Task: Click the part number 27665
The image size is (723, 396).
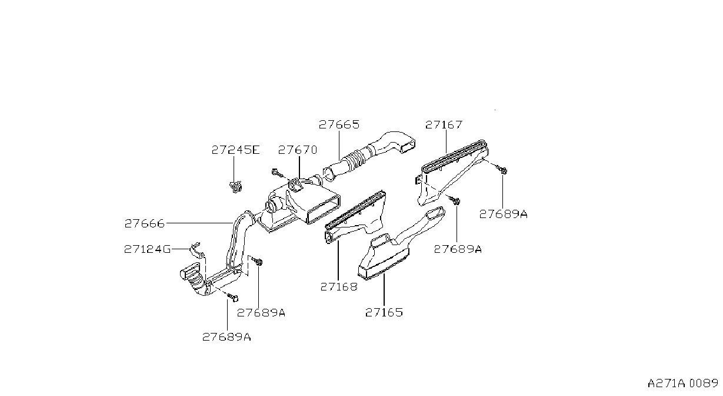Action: click(339, 124)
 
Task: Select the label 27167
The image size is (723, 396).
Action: click(444, 124)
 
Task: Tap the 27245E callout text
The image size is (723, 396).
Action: click(236, 150)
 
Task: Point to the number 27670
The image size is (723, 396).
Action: click(298, 150)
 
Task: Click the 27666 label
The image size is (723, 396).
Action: click(145, 223)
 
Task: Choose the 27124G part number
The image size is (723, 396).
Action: click(148, 249)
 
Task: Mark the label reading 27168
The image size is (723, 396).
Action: click(339, 286)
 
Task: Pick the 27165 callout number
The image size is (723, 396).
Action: click(384, 312)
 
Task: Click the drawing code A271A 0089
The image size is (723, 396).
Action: click(682, 384)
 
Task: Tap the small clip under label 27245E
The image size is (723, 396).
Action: click(236, 187)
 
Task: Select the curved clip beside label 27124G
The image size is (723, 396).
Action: click(196, 250)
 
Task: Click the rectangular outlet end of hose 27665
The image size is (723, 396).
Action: click(408, 146)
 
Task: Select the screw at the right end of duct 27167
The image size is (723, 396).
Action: click(502, 169)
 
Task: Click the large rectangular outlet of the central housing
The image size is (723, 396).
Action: click(323, 209)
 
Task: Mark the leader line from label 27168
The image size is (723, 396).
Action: click(338, 260)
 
